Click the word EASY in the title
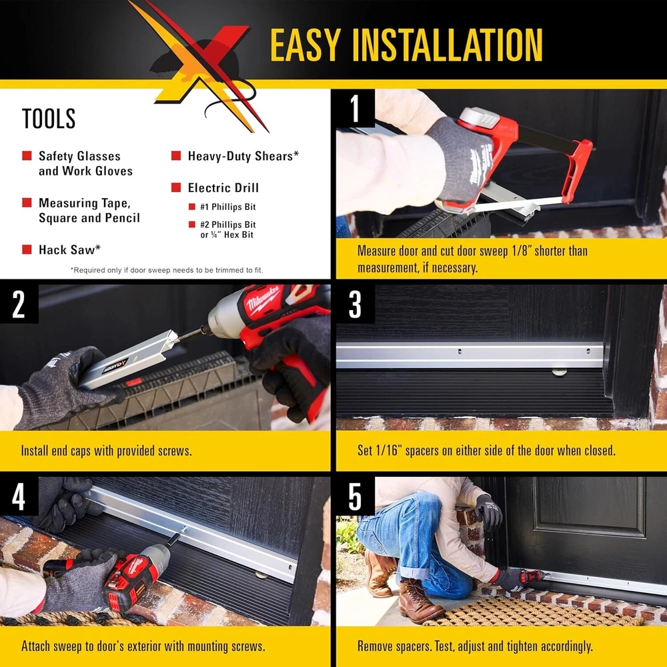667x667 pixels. pyautogui.click(x=305, y=45)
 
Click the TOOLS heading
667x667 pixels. pyautogui.click(x=49, y=119)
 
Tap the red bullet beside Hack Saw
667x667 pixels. pyautogui.click(x=27, y=249)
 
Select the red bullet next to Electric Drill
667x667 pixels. pyautogui.click(x=176, y=187)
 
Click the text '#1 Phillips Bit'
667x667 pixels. pyautogui.click(x=228, y=207)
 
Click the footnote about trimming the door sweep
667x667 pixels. pyautogui.click(x=167, y=270)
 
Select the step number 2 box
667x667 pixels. pyautogui.click(x=19, y=303)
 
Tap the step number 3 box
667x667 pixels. pyautogui.click(x=356, y=303)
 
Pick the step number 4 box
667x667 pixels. pyautogui.click(x=19, y=496)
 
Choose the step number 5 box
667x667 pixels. pyautogui.click(x=356, y=496)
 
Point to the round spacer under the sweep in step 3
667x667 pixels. pyautogui.click(x=559, y=372)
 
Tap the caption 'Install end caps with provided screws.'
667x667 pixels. pyautogui.click(x=106, y=450)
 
